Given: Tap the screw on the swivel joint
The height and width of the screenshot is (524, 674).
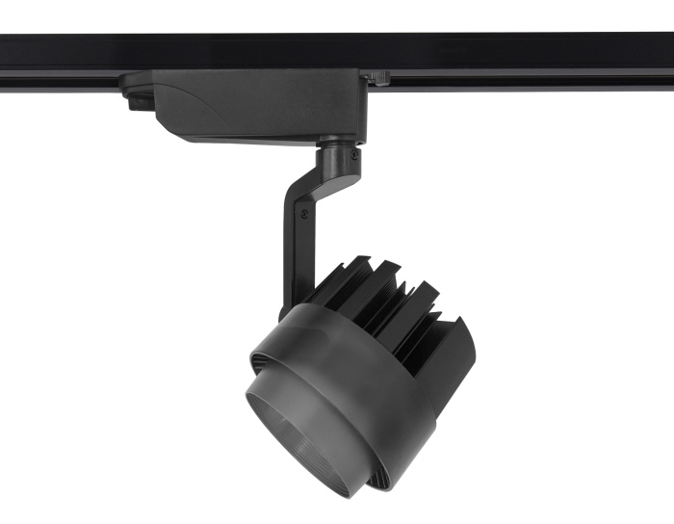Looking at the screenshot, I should coord(354,154).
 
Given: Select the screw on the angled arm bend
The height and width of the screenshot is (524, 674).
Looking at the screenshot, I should coord(306,214).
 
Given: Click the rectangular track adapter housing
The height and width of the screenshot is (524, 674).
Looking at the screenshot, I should coord(260,104).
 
